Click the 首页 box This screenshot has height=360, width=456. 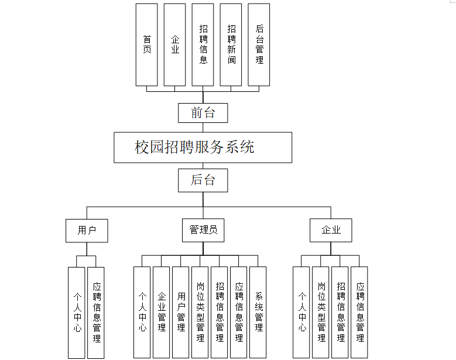(146, 44)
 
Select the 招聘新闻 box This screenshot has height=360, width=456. (231, 44)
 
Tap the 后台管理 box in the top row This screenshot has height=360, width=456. (259, 44)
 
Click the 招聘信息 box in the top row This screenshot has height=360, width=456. (203, 44)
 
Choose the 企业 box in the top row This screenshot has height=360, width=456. (174, 44)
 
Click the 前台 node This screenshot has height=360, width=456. (203, 113)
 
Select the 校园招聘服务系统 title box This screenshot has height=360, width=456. (203, 147)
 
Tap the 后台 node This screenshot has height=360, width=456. (203, 180)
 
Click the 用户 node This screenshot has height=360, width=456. (87, 231)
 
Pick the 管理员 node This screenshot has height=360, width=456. (203, 231)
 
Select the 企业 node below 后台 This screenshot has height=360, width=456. (331, 231)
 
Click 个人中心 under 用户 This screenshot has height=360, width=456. (76, 312)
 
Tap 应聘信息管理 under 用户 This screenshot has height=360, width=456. (96, 312)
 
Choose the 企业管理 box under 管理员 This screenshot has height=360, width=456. (161, 312)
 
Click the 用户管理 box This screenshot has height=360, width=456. (181, 312)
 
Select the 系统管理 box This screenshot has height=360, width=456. (258, 312)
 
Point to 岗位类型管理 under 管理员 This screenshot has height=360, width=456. (200, 312)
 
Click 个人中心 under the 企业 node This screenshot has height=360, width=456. (301, 312)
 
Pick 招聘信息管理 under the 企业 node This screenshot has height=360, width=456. (340, 312)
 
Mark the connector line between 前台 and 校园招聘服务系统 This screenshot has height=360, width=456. (203, 127)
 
